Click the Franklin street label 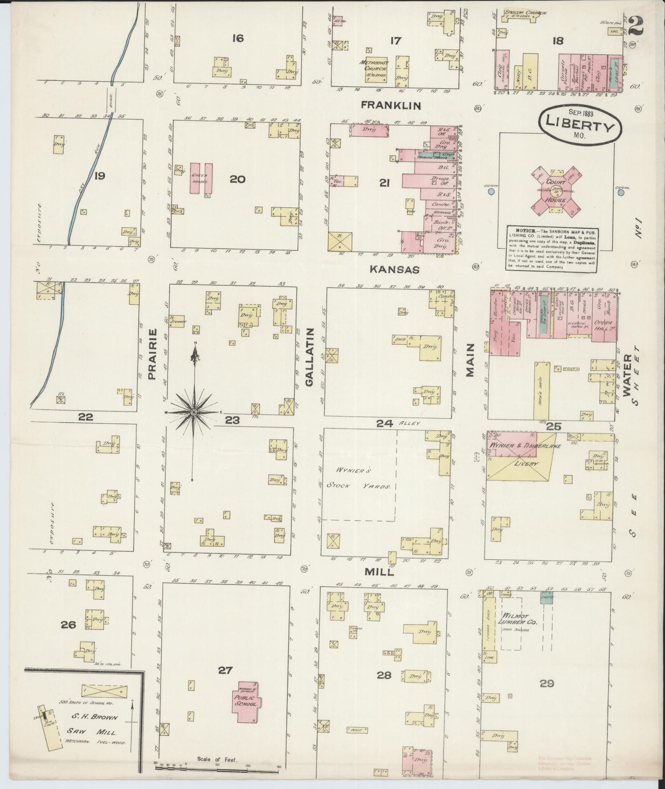tap(390, 106)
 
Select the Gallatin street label tap(310, 357)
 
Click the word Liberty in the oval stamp tap(580, 123)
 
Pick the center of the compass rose tap(193, 412)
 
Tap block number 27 tap(225, 670)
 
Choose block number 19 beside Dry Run tap(99, 176)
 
